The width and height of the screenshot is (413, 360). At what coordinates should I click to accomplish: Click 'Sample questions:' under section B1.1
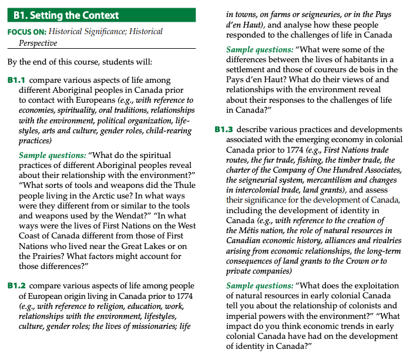coord(52,155)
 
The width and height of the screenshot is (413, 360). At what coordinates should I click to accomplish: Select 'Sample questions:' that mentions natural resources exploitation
coord(259,285)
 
